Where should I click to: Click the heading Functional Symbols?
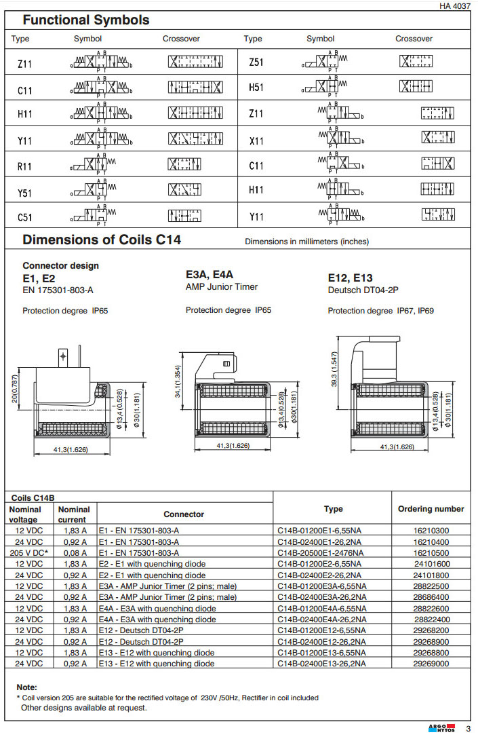coord(86,20)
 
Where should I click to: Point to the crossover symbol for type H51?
coord(414,87)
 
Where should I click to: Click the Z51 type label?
coord(256,62)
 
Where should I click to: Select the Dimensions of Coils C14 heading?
coord(102,240)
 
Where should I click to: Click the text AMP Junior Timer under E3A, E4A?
coord(222,287)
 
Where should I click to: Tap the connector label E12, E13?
coord(350,278)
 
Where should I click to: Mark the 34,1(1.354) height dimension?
coord(178,384)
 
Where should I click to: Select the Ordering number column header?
coord(431,509)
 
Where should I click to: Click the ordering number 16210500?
coord(431,552)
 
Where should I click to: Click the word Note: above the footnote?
coord(27,687)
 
